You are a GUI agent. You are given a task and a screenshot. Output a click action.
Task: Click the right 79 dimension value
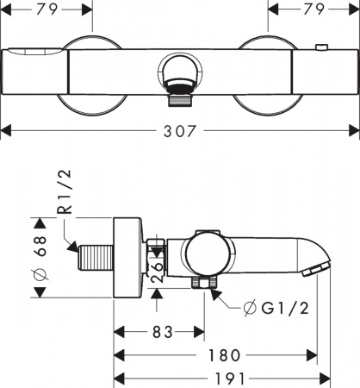[x=313, y=10]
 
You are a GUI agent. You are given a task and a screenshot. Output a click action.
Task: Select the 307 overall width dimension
[x=179, y=131]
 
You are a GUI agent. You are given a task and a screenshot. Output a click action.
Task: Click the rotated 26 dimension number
[x=157, y=266]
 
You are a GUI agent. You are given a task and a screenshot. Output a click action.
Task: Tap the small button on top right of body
[x=321, y=47]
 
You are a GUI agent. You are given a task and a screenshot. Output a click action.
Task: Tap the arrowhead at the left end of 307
[x=4, y=131]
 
